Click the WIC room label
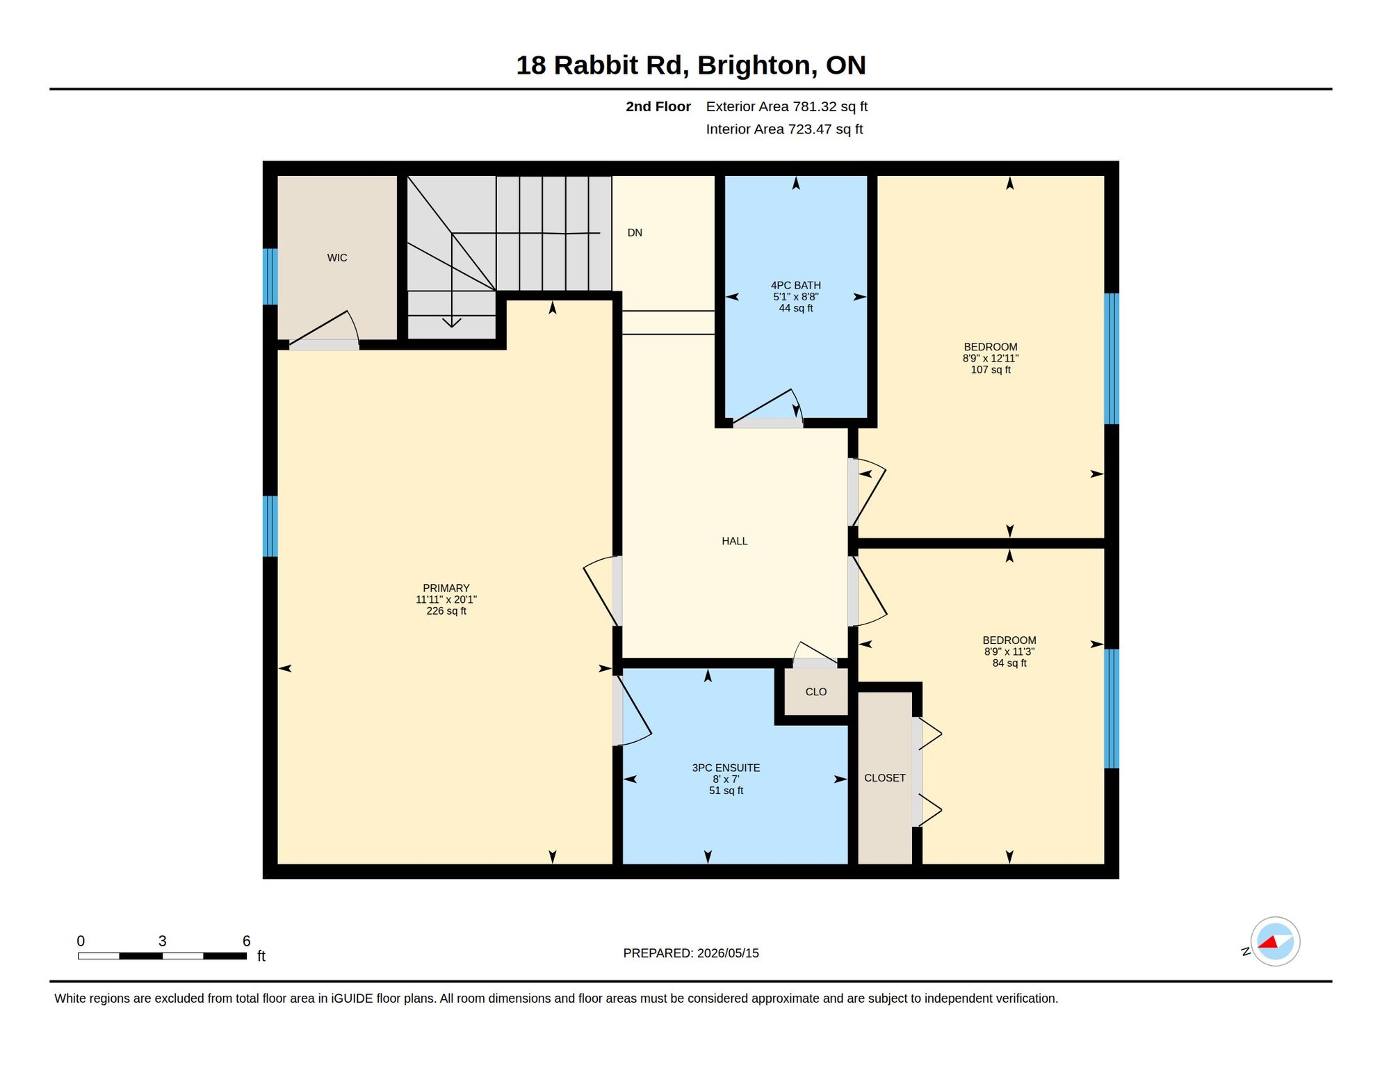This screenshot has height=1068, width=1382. pos(337,258)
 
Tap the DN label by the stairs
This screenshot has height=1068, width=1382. pos(635,233)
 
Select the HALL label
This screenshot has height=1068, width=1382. pos(735,541)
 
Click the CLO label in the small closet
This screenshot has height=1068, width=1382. pos(816,692)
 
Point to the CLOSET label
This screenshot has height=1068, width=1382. pos(885,778)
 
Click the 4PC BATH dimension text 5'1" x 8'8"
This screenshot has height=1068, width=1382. pos(796,297)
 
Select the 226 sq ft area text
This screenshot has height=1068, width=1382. pos(446,611)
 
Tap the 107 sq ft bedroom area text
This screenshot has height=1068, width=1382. pos(991,370)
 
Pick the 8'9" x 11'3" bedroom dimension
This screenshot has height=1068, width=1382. pos(1009,652)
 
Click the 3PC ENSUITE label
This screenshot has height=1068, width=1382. pos(726,768)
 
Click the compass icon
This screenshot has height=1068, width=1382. pos(1276,941)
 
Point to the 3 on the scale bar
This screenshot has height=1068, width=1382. pos(163,941)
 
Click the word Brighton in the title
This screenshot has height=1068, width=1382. pos(757,65)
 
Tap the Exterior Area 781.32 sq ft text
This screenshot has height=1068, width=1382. pos(787,106)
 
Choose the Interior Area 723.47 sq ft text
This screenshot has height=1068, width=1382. pos(784,129)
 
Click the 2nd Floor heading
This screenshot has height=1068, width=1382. pos(658,106)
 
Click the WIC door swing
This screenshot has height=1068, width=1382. pos(324,329)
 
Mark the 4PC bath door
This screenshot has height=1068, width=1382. pos(768,408)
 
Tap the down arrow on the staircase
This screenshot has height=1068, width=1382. pos(452,280)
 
